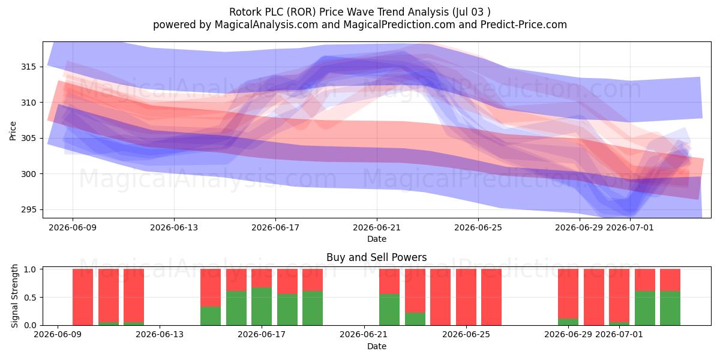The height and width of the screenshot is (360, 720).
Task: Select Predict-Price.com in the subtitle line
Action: pos(524,25)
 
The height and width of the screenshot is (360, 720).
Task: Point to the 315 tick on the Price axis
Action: pos(29,67)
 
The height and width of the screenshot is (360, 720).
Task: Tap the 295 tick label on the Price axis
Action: pos(29,209)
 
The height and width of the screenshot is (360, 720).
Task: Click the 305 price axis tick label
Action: pos(29,138)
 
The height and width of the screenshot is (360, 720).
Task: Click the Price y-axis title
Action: pos(13,131)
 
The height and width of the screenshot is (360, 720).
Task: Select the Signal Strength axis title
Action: pos(14,296)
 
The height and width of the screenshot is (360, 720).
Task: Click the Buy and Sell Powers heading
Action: pos(376,257)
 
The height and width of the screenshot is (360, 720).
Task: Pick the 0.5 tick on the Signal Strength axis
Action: pos(30,298)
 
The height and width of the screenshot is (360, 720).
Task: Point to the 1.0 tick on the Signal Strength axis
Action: pos(30,269)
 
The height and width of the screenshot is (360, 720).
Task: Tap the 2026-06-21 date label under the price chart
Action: pos(377,227)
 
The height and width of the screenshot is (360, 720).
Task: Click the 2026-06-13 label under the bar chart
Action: pos(160,334)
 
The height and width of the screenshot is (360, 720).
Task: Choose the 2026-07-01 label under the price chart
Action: pos(629,227)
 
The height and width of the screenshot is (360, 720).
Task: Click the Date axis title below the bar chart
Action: pos(377,346)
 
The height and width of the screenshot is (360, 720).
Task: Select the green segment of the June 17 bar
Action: pos(262,307)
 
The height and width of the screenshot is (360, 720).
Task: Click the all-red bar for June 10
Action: pos(83,297)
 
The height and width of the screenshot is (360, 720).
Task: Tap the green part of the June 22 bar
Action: pos(389,310)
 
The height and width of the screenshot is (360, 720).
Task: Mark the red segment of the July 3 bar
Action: pos(670,280)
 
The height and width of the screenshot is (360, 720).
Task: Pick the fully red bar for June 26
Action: pos(491,297)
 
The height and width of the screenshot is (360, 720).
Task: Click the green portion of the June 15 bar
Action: pos(211,316)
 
